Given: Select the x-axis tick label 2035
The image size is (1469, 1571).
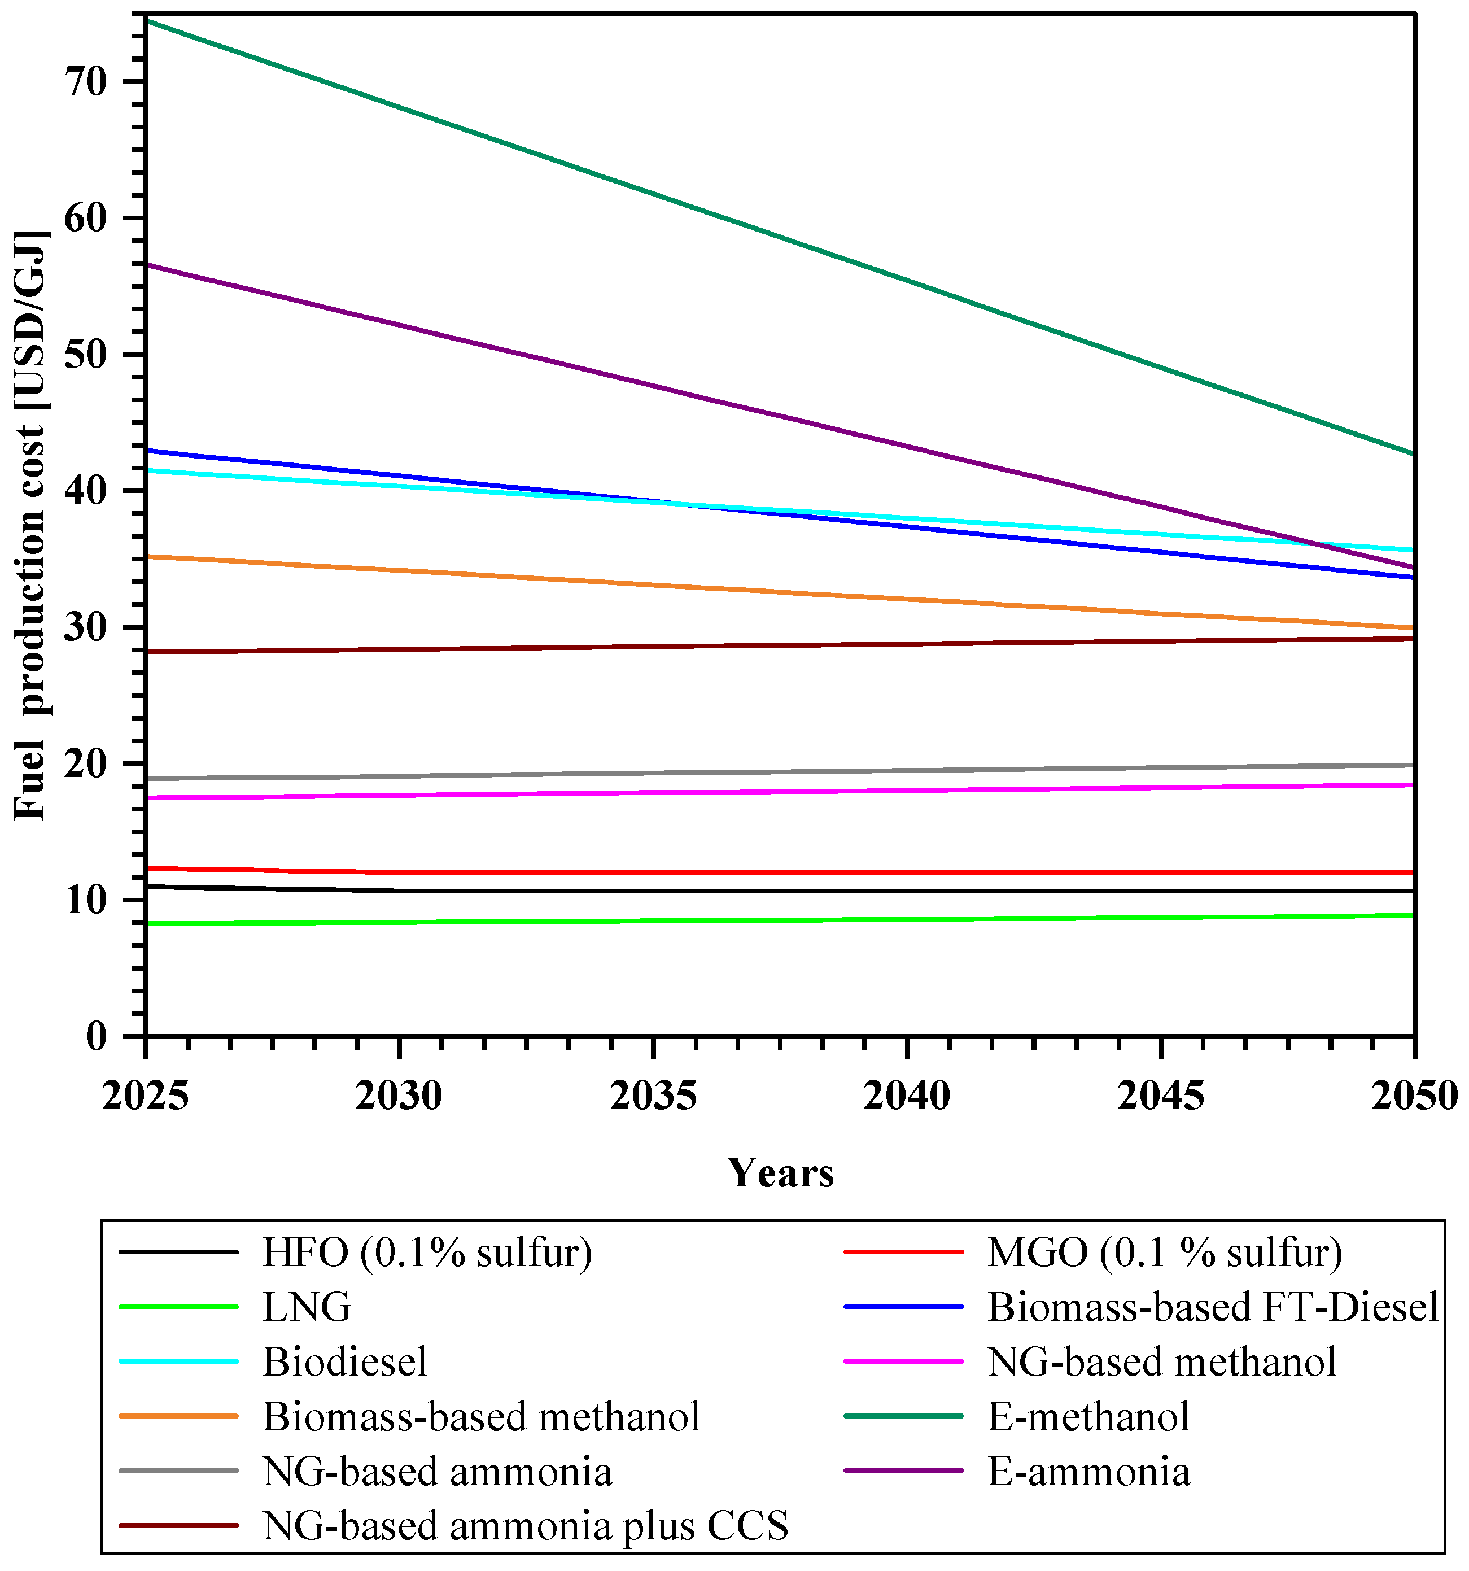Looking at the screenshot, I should click(653, 1096).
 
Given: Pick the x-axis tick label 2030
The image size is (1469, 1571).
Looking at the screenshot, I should click(399, 1096).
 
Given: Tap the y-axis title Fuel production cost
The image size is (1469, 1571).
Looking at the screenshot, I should click(32, 526).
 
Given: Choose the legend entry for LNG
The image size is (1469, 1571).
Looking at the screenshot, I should click(307, 1307).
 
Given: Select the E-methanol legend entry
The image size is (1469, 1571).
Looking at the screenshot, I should click(1088, 1416).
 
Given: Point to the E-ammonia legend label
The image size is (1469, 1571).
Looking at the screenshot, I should click(1088, 1472).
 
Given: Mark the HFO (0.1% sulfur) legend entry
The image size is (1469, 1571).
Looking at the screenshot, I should click(427, 1253).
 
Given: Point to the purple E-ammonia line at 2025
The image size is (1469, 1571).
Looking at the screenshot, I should click(148, 265).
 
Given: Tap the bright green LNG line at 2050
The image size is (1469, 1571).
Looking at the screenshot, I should click(1412, 915).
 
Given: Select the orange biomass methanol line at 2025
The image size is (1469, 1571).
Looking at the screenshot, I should click(148, 556).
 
